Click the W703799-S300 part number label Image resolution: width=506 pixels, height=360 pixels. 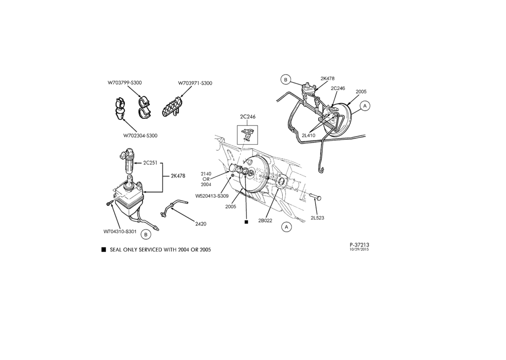pos(124,82)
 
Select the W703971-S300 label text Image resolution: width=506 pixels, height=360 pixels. pos(195,83)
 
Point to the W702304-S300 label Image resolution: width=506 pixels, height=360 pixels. pos(140,136)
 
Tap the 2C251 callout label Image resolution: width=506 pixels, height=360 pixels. pos(150,163)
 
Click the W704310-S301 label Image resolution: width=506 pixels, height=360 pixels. pos(120,231)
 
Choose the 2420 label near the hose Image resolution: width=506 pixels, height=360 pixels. pos(200,224)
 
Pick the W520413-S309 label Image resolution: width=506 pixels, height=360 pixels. pos(212,196)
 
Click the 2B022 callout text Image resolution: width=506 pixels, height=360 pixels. pos(265,220)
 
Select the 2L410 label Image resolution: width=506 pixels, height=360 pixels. pos(309,136)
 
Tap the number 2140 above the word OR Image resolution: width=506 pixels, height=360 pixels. pos(206,174)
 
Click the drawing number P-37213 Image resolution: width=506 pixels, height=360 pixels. pos(359,245)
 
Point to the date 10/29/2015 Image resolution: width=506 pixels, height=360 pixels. pos(359,249)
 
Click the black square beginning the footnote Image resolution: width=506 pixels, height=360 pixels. pos(104,249)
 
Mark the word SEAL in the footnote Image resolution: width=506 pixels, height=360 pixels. pos(116,250)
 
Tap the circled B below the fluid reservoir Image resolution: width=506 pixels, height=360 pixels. pos(146,235)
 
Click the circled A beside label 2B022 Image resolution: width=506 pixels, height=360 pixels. pos(286,227)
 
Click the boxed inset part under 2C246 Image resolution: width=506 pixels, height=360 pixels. pos(247,133)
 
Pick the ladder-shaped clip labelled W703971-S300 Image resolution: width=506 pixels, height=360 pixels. pos(172,107)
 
